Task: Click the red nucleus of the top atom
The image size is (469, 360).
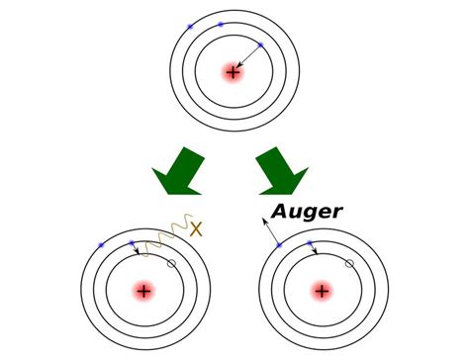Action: pos(233,72)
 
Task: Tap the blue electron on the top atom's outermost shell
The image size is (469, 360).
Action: pos(190,27)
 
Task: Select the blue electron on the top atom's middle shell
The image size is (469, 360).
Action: pos(221,24)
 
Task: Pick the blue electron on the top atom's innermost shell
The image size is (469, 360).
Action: pos(260,45)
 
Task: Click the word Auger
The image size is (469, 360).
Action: pos(309,211)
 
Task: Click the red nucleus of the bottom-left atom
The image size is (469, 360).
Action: pos(144,292)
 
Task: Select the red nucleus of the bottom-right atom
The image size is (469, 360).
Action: pos(322,292)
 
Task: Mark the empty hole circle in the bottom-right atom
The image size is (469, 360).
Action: pos(349,264)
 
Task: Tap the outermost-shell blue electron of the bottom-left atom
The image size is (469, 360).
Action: pos(102,244)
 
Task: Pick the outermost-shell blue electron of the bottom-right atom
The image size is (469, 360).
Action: pos(280,244)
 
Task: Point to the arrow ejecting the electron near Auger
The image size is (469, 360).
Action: pos(270,227)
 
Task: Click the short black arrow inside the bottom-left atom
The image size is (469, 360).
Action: pos(137,248)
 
